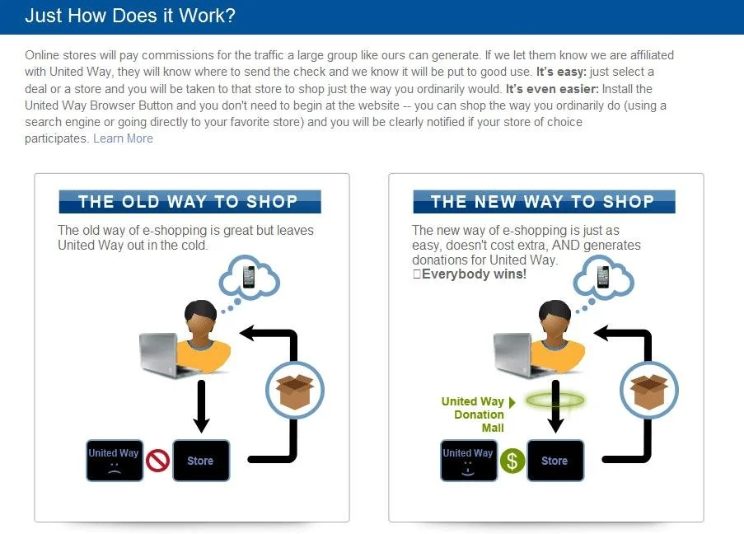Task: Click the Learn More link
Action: point(123,138)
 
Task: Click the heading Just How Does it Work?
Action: point(130,16)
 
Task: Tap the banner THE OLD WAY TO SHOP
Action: point(189,202)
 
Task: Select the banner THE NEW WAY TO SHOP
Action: point(543,202)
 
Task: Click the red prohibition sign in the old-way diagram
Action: point(157,461)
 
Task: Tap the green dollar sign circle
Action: point(512,461)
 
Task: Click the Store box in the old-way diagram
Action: point(200,461)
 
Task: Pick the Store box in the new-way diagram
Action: point(554,461)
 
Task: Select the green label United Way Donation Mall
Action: point(474,415)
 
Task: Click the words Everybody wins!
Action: point(473,274)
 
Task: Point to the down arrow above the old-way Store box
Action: point(200,407)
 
